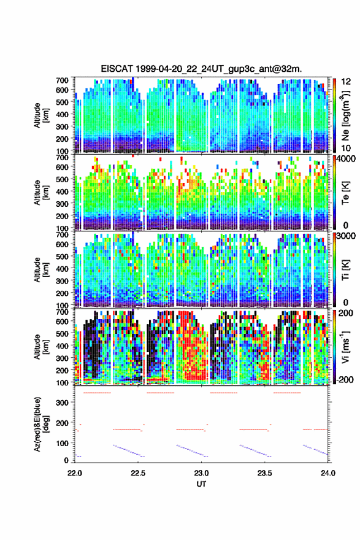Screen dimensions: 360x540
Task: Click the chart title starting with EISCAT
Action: [201, 69]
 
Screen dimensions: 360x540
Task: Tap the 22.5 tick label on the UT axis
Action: [138, 473]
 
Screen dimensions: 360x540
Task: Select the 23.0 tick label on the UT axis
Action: [201, 473]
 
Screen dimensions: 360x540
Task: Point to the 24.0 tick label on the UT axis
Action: [328, 473]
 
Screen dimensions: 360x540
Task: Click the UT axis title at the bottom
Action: [201, 484]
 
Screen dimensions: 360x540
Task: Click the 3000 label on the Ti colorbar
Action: [347, 236]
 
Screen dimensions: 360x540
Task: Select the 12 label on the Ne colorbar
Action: [347, 82]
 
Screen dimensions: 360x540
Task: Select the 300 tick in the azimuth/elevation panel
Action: [62, 403]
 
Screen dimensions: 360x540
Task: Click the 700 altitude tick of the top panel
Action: [62, 80]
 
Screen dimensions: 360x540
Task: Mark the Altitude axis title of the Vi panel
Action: [41, 347]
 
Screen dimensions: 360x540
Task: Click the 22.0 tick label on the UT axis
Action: [75, 473]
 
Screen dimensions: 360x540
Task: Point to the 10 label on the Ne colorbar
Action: [347, 148]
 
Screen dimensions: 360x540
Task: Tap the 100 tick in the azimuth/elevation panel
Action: [62, 443]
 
